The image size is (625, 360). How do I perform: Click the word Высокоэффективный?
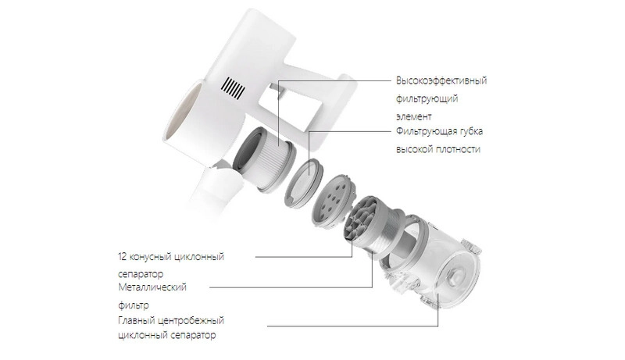[441, 81]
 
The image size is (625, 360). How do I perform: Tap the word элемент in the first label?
[414, 117]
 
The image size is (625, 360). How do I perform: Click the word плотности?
[458, 150]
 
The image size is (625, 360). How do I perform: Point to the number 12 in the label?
[122, 256]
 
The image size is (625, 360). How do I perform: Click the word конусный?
[148, 257]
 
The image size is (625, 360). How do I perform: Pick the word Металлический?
[152, 287]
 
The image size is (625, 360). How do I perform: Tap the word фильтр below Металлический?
[134, 306]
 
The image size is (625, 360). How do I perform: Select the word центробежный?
[191, 321]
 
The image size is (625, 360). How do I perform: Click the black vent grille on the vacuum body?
[233, 88]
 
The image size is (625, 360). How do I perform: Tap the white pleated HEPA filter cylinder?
[265, 157]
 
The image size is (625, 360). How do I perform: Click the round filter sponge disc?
[304, 181]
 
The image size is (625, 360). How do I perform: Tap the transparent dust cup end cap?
[455, 277]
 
